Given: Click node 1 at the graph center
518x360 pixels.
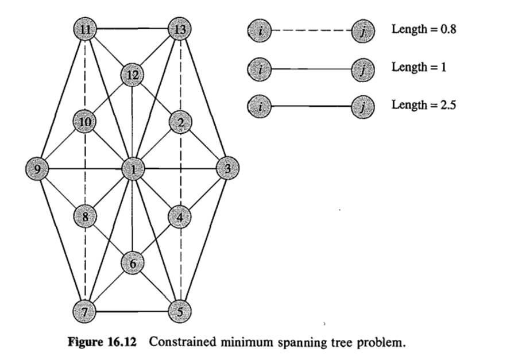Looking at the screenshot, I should tap(133, 169).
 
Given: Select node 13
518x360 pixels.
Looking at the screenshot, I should tap(179, 28).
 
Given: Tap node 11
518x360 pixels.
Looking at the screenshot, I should tap(85, 28).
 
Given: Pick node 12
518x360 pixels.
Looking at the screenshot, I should tap(132, 75).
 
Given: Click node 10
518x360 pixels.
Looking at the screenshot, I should tap(85, 122).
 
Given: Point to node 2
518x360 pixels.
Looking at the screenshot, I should tap(180, 122).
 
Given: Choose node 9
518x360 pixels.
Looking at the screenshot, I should tap(37, 169).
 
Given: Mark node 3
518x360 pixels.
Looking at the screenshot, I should tap(227, 169).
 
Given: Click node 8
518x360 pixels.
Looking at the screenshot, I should tap(85, 216).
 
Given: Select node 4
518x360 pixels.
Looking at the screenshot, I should tap(180, 216).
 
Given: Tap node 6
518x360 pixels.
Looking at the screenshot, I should tap(133, 264).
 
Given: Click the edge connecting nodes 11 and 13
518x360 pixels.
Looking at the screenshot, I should tap(132, 28).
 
